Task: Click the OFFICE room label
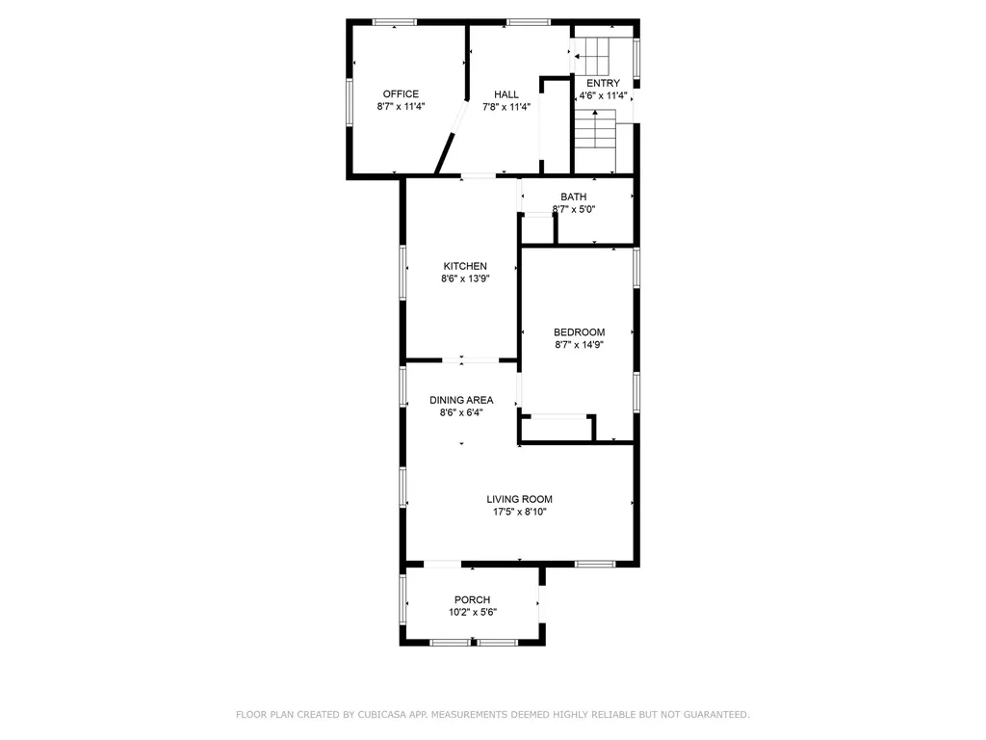click(x=401, y=94)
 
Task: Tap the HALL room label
click(x=506, y=94)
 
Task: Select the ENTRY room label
click(x=604, y=83)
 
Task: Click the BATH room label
click(x=574, y=197)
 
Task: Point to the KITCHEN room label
click(x=465, y=266)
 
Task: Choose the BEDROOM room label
click(x=579, y=332)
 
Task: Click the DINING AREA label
click(x=461, y=400)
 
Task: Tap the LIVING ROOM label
click(x=519, y=499)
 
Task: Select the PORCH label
click(x=473, y=599)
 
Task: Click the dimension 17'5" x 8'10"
click(x=519, y=513)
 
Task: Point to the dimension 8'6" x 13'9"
click(x=465, y=279)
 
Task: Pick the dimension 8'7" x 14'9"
click(x=579, y=345)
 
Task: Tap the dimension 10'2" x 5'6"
click(x=473, y=612)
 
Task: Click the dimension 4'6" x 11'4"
click(x=604, y=95)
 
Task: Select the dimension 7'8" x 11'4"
click(x=506, y=107)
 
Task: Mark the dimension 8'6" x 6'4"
click(x=461, y=412)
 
